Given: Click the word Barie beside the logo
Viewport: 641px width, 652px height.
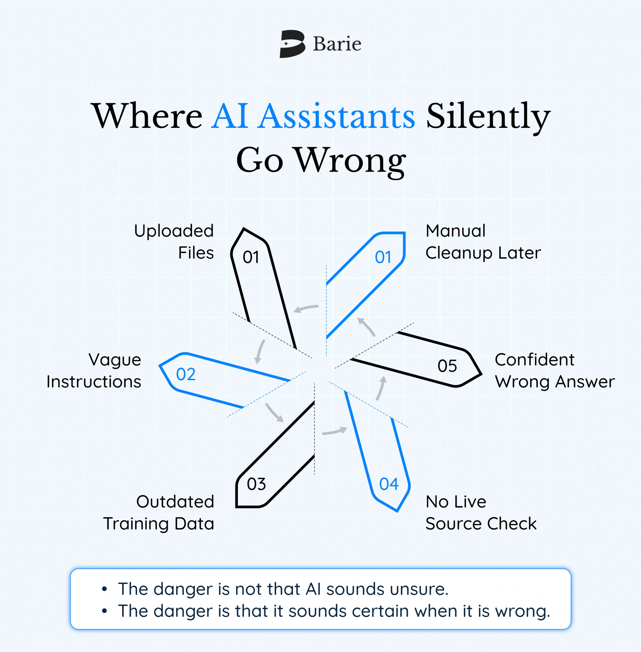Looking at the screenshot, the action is (x=337, y=44).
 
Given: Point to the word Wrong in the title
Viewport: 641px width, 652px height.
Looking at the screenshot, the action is (x=351, y=161).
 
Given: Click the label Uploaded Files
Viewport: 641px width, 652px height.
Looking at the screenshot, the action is (x=174, y=241).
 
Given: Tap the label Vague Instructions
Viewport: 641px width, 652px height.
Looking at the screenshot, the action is (x=94, y=371).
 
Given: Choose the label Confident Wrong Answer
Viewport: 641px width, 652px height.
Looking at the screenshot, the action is (x=555, y=371).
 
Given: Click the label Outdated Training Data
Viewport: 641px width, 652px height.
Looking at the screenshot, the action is (x=159, y=513).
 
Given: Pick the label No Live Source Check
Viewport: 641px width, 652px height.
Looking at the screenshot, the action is (x=481, y=513).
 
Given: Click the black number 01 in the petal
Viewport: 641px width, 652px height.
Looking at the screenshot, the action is (x=251, y=257).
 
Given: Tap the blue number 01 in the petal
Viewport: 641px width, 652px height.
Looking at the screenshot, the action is (x=383, y=257).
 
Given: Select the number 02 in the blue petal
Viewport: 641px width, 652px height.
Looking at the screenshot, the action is (x=186, y=374).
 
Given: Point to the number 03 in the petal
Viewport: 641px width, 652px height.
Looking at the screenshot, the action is (x=256, y=484).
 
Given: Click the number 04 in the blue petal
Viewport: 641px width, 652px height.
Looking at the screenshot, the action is (x=389, y=484).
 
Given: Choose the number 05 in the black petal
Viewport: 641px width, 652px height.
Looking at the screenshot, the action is (x=447, y=366).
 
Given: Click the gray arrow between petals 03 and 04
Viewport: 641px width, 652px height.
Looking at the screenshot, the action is (x=334, y=431).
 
